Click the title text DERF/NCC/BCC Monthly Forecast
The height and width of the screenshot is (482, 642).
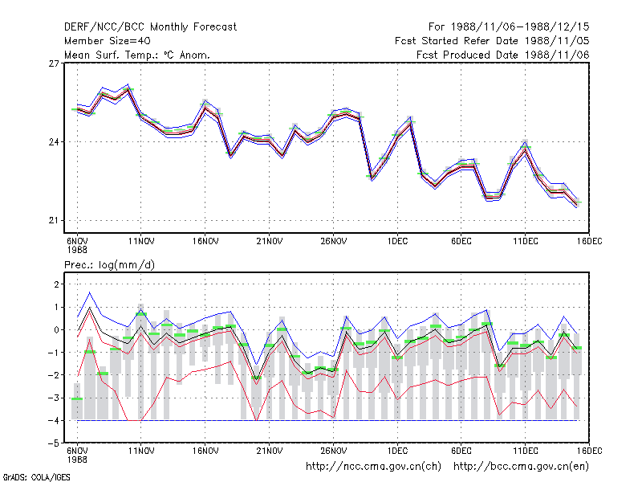(150, 27)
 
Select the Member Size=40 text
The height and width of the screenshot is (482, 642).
(108, 41)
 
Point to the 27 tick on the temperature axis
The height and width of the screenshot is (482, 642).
(54, 63)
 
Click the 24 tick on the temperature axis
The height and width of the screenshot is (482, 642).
(54, 142)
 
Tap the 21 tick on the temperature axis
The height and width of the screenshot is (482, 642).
(54, 220)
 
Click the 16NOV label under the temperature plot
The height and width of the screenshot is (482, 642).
(205, 242)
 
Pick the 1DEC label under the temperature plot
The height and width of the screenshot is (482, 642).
(397, 242)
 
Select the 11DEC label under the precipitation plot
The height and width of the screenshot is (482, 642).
(526, 451)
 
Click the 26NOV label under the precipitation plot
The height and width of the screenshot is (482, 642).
(333, 451)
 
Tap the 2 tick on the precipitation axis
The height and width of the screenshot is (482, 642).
(56, 284)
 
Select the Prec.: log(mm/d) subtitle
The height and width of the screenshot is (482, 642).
(109, 265)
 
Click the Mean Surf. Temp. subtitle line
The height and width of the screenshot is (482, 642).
(136, 55)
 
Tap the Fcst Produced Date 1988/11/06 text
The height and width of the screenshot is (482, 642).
(503, 55)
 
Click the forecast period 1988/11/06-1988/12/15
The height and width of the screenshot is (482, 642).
(520, 27)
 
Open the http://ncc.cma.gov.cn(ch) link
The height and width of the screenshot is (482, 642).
(373, 467)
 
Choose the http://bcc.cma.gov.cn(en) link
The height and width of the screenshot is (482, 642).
(521, 467)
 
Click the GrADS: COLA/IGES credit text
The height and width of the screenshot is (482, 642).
(36, 477)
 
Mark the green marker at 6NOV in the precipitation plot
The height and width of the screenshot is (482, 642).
(77, 398)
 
